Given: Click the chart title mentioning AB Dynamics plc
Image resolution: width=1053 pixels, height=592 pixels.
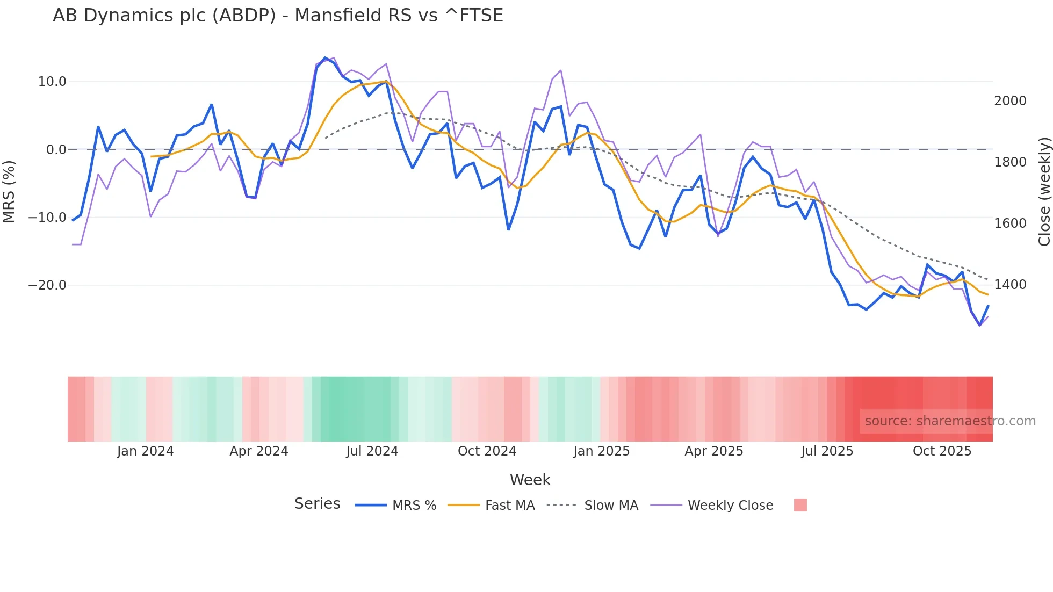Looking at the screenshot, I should point(278,16).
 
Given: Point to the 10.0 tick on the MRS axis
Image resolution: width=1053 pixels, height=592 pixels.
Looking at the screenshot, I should point(52,82).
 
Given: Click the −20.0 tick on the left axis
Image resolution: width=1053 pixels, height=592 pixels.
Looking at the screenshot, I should point(47,285).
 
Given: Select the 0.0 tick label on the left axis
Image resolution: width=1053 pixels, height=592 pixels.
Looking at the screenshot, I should point(56,150).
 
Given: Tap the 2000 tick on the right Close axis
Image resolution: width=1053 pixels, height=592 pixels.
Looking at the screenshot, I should point(1010,101).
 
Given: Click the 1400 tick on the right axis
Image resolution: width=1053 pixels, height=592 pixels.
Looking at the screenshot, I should point(1010,285).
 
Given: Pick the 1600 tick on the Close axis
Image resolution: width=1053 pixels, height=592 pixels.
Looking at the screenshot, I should point(1010,223).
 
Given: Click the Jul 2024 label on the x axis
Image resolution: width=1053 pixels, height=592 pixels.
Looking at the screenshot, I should point(372,451).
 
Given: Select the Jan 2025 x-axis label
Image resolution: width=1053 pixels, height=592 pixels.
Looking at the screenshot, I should point(601,451).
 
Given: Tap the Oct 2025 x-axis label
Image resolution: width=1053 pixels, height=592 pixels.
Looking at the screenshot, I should point(942,451).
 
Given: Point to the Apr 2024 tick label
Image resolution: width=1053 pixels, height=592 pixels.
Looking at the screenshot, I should point(258,451).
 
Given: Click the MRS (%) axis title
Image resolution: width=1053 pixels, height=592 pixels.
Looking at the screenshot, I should point(9,191).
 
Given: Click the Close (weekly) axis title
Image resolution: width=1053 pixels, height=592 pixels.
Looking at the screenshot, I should point(1044,191).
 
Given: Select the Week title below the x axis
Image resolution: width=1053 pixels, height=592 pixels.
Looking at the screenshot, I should point(530,480).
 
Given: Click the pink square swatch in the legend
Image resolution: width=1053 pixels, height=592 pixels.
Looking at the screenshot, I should point(800,505).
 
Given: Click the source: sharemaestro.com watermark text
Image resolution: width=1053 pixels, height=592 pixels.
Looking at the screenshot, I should point(950,421).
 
